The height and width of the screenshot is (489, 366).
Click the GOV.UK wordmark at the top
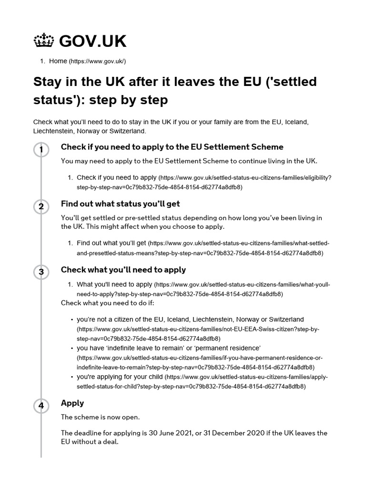pos(92,42)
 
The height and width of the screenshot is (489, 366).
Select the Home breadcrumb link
pos(58,61)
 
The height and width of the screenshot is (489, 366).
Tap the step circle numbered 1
pos(41,150)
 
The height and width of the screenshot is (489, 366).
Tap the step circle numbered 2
pos(41,207)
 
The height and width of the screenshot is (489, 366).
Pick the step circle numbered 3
pos(41,272)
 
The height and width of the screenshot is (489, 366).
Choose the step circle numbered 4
pos(41,406)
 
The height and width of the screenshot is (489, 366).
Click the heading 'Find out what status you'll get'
pos(120,204)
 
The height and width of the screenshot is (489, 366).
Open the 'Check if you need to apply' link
pos(116,178)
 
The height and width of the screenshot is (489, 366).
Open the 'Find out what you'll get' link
pos(111,243)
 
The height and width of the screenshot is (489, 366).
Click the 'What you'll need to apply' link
pos(114,285)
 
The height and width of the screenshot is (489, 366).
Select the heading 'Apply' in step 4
pos(72,403)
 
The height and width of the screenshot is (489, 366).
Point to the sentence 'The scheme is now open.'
pos(100,417)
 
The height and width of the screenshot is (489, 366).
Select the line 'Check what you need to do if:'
pos(108,303)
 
